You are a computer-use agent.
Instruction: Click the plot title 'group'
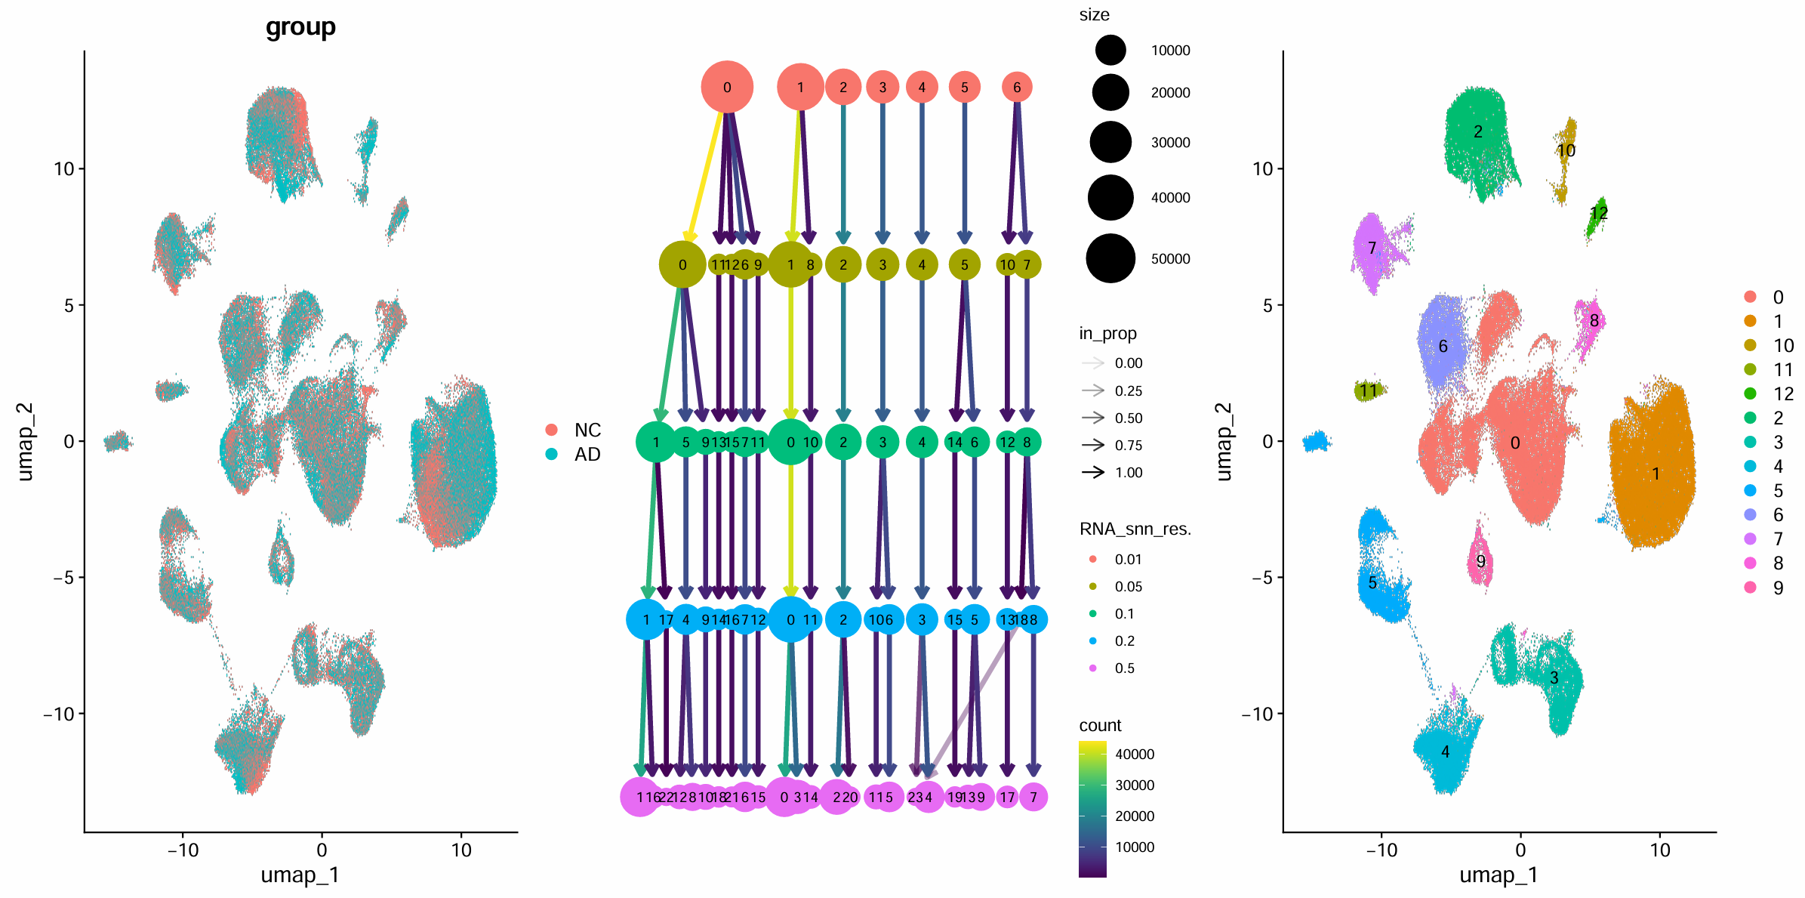pos(300,27)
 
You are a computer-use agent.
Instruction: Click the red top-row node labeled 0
pos(726,87)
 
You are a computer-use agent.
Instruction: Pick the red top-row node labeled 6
pos(1017,87)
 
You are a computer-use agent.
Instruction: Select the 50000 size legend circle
pos(1110,258)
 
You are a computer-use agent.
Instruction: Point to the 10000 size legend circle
pos(1110,51)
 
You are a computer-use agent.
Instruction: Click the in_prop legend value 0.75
pos(1128,445)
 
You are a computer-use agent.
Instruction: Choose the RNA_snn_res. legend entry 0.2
pos(1124,640)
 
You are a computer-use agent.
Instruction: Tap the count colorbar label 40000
pos(1134,755)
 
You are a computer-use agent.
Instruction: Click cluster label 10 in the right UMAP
pos(1566,150)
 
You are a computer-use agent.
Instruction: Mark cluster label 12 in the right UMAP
pos(1598,213)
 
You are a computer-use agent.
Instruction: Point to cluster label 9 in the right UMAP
pos(1480,561)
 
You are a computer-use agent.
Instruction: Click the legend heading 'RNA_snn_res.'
pos(1135,529)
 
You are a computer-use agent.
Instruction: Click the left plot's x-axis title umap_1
pos(300,875)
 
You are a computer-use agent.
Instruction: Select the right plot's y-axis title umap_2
pos(1223,442)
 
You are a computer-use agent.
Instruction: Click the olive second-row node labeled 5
pos(964,264)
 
